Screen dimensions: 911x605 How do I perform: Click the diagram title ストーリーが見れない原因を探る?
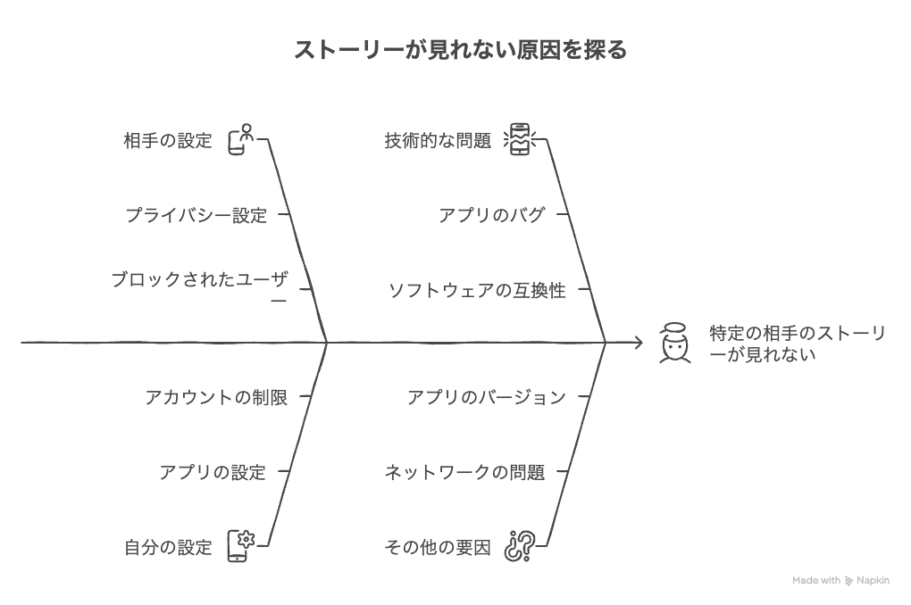[x=460, y=50]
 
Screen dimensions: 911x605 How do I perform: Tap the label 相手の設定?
[x=168, y=140]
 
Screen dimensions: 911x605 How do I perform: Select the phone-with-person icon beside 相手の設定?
[x=241, y=139]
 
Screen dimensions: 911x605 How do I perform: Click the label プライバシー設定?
[x=196, y=215]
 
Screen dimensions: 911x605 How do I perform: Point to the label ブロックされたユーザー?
[x=200, y=288]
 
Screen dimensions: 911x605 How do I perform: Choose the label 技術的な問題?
[x=438, y=140]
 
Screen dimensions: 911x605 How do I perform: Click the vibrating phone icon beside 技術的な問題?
[x=520, y=139]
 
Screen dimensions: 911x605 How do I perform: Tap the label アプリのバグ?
[x=492, y=215]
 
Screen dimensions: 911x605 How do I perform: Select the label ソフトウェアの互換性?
[x=477, y=290]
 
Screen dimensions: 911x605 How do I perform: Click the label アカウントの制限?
[x=216, y=397]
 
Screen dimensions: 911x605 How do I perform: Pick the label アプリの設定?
[x=213, y=472]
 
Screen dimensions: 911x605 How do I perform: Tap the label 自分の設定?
[x=168, y=547]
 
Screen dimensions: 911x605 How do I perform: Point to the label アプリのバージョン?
[x=487, y=397]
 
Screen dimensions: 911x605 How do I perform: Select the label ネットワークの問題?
[x=464, y=472]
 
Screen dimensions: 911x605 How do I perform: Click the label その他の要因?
[x=438, y=547]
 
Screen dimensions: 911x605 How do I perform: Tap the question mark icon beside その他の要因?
[x=520, y=546]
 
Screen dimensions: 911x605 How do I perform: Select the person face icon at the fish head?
[x=674, y=344]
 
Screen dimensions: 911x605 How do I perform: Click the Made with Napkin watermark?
[x=840, y=580]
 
